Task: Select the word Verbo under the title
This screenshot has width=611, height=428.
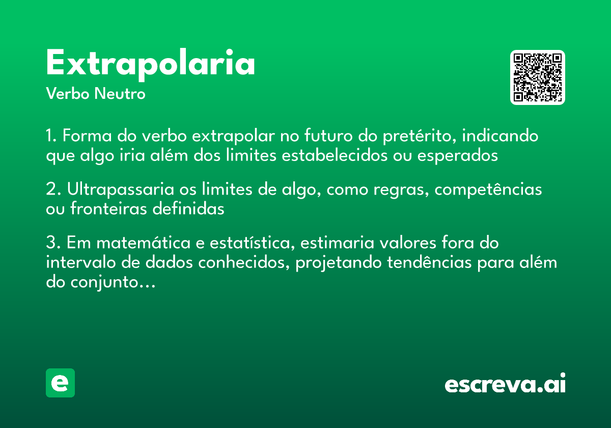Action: tap(67, 94)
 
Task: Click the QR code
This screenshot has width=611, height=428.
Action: tap(538, 77)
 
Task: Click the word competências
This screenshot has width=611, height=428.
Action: tap(488, 190)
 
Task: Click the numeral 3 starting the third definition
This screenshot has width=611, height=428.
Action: tap(50, 243)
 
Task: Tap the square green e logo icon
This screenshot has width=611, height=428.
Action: tap(61, 383)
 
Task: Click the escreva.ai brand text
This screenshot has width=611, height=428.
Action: tap(505, 384)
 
